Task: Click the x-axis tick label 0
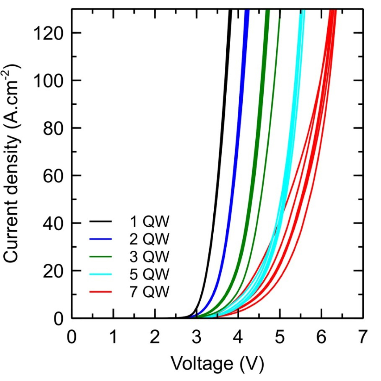[72, 337]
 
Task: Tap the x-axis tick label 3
[197, 337]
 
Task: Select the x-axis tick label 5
[280, 337]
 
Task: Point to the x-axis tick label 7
[363, 337]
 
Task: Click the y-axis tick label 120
[48, 33]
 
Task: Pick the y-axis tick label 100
[48, 81]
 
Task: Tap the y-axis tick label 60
[52, 176]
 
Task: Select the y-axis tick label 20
[52, 271]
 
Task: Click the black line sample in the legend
[100, 222]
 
